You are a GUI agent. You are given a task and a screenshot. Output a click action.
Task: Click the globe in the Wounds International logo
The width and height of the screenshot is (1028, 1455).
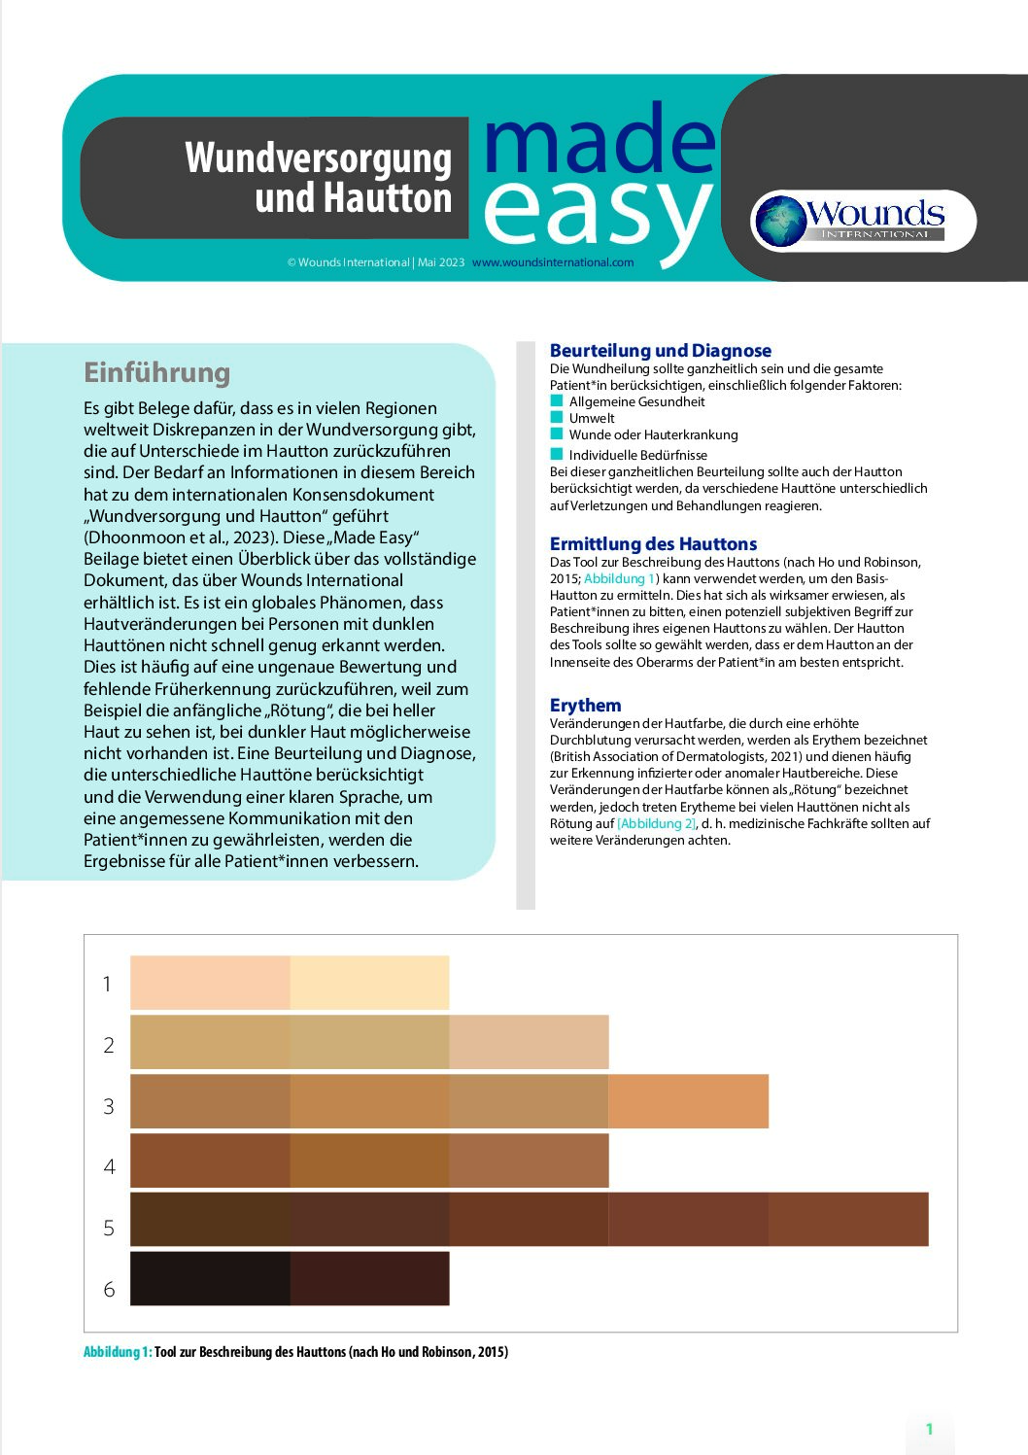pos(782,221)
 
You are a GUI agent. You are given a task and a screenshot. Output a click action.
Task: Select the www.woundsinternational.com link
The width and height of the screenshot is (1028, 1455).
pos(552,262)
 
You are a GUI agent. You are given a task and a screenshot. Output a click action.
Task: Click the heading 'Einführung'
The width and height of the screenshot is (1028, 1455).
pos(156,372)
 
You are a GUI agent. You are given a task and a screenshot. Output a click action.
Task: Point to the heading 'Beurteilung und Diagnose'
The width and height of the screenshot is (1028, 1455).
pos(660,351)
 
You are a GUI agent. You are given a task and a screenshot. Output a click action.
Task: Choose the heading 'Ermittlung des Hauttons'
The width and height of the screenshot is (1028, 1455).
pos(653,544)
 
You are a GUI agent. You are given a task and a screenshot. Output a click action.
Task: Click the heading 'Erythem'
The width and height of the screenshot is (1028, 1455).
pos(585,706)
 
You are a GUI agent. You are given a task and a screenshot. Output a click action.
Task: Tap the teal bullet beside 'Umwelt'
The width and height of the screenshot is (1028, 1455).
pos(557,417)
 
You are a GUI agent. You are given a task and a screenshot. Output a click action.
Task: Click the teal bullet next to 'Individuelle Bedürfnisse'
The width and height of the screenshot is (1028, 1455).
pos(557,454)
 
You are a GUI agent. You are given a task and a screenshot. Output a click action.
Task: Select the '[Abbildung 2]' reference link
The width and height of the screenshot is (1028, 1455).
pos(657,823)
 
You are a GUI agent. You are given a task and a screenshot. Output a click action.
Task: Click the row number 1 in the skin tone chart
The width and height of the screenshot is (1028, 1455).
pos(108,984)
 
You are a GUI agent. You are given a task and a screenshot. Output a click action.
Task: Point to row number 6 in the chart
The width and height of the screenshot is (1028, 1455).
pos(109,1289)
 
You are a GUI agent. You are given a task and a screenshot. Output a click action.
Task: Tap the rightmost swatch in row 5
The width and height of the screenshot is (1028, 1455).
pos(848,1219)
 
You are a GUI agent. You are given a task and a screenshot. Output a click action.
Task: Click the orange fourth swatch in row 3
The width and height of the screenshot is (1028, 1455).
pos(688,1101)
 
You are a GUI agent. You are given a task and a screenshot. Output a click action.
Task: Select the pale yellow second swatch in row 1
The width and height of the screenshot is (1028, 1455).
pos(369,983)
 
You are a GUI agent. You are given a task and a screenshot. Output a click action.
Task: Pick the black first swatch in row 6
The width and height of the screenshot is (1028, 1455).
pos(210,1278)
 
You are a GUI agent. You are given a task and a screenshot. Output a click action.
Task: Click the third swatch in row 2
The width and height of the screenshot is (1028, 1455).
pos(529,1042)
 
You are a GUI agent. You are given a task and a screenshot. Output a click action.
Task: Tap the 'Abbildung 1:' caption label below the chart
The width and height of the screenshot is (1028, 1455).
pos(118,1352)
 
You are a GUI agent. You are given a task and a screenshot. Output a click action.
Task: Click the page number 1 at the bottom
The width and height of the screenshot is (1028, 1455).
pos(929,1429)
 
